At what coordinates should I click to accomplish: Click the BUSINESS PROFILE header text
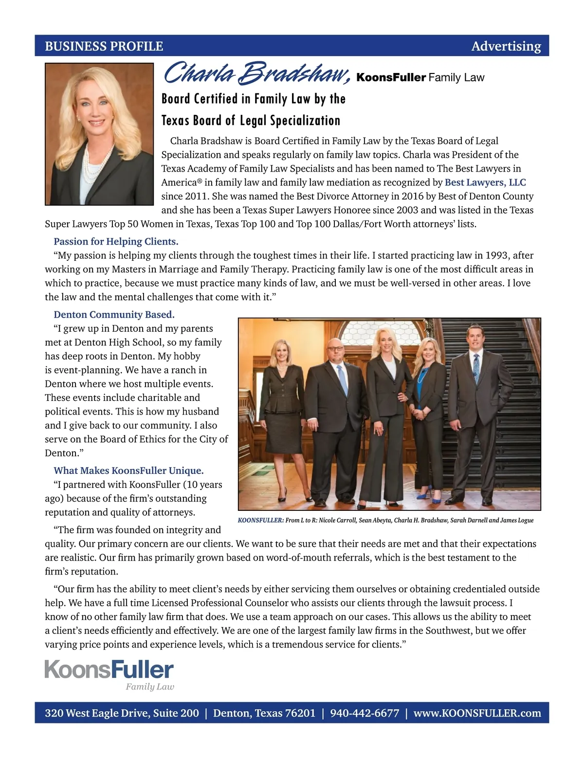[104, 46]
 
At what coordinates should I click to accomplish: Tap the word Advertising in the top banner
[506, 46]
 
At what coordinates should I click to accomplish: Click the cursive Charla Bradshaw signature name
[256, 73]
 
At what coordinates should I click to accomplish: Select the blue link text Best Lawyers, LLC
[485, 182]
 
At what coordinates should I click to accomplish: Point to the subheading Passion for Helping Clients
[116, 241]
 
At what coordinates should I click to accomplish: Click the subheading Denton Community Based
[114, 314]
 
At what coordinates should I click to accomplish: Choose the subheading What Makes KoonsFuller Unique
[128, 470]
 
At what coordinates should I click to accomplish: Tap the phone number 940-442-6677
[365, 713]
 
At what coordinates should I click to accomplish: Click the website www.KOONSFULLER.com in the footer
[477, 713]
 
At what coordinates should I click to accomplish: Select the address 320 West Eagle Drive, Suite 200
[122, 713]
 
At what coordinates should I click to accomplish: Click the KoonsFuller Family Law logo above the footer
[109, 674]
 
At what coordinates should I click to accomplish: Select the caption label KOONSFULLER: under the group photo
[260, 521]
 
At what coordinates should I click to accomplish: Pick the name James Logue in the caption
[517, 521]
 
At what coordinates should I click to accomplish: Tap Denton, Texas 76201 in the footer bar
[264, 713]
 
